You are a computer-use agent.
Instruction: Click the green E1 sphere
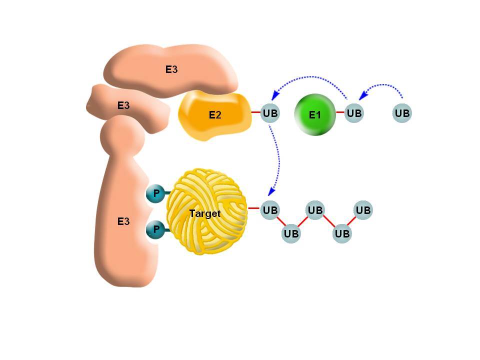coord(315,114)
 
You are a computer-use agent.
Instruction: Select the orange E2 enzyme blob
coord(215,115)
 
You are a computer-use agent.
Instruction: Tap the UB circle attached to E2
coord(270,113)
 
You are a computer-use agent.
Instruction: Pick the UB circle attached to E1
coord(354,113)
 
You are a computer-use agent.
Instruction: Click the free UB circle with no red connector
coord(402,113)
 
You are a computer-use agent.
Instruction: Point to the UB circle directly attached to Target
coord(270,210)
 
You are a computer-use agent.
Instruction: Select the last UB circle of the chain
coord(363,210)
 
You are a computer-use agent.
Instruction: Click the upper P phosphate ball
coord(155,193)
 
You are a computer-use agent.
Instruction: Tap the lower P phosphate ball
coord(155,229)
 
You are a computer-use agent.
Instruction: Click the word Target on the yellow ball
coord(204,213)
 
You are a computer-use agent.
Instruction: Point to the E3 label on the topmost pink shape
coord(171,69)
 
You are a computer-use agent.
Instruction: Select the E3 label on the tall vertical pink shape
coord(123,221)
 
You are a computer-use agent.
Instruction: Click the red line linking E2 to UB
coord(256,112)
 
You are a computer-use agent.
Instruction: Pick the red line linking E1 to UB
coord(340,112)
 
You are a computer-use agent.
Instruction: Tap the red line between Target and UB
coord(254,208)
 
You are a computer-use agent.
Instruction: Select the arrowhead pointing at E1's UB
coord(363,95)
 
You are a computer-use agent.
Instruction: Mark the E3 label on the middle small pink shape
coord(123,105)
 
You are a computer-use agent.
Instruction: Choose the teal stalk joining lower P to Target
coord(167,229)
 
